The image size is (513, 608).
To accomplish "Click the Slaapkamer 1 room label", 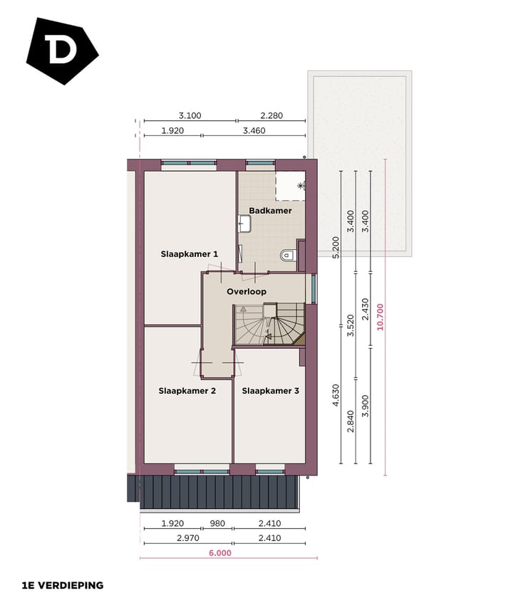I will [189, 253].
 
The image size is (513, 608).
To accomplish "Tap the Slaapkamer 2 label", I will [187, 390].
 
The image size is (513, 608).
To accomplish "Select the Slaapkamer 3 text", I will [269, 390].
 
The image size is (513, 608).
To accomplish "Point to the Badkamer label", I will [270, 211].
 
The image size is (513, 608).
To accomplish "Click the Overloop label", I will [247, 292].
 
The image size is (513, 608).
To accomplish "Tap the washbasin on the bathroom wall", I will [244, 224].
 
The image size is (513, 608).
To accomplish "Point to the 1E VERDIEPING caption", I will [63, 585].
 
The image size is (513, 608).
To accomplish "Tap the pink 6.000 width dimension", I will [220, 552].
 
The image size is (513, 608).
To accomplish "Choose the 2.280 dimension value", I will [272, 115].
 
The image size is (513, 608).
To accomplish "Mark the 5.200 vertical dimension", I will [336, 246].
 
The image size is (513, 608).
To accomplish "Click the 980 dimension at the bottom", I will [217, 523].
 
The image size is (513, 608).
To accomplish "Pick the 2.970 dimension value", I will [190, 538].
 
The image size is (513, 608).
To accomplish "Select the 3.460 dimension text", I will [254, 130].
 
